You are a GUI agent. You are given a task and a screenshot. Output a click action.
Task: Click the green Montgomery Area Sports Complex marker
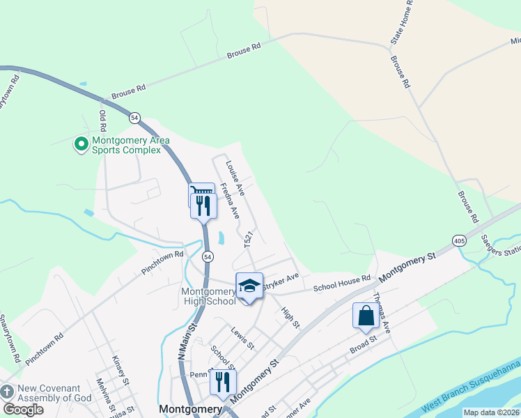pyautogui.click(x=81, y=145)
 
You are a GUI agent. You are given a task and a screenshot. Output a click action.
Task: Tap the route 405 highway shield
pyautogui.click(x=458, y=240)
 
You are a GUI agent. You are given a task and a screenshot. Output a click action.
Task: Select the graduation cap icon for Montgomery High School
pyautogui.click(x=249, y=286)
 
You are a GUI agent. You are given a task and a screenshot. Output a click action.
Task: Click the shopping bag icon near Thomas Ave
pyautogui.click(x=366, y=316)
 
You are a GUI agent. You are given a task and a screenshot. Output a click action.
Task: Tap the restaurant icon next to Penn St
pyautogui.click(x=223, y=381)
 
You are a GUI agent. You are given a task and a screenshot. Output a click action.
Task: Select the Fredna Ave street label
pyautogui.click(x=230, y=202)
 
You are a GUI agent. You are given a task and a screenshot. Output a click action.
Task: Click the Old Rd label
pyautogui.click(x=102, y=121)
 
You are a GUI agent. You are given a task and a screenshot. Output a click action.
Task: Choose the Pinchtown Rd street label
pyautogui.click(x=162, y=258)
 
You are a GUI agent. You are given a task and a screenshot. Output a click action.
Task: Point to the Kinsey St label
pyautogui.click(x=120, y=371)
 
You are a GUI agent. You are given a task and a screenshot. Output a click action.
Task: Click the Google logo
pyautogui.click(x=23, y=410)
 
